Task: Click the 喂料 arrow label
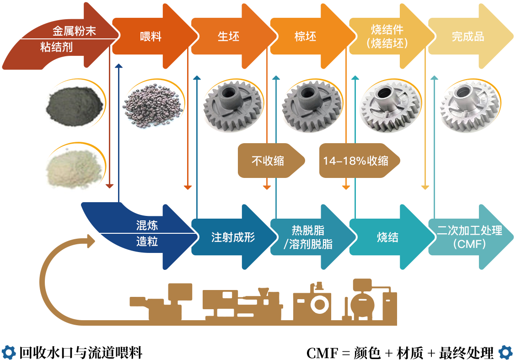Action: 150,37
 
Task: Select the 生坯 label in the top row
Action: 228,37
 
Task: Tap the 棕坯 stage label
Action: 306,37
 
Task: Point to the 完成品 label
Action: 468,37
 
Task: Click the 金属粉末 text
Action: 74,31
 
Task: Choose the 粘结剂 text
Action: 56,47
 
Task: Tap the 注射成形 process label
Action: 233,237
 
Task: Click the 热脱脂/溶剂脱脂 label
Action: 308,237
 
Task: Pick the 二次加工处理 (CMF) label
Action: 470,237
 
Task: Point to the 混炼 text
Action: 147,226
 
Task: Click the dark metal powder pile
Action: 75,105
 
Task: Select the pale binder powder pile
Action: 75,168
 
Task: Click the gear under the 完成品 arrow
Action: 470,105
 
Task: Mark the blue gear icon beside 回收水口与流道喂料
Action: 9,352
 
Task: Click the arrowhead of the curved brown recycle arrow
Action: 91,241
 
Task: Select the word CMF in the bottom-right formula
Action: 322,353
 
